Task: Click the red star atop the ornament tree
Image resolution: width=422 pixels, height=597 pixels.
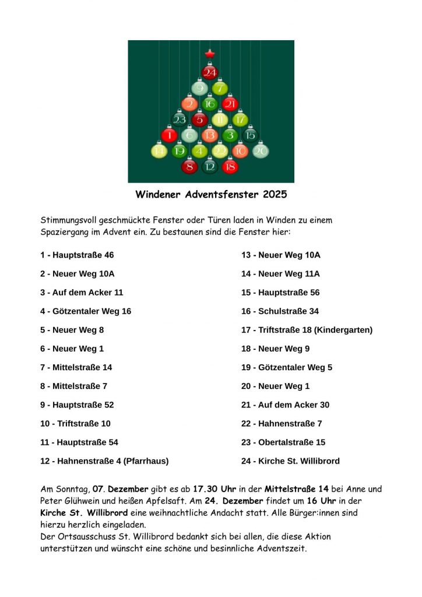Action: pyautogui.click(x=210, y=54)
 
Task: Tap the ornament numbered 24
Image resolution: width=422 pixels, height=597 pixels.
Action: pyautogui.click(x=210, y=73)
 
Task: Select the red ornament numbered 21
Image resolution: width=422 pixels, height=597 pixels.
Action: pyautogui.click(x=230, y=104)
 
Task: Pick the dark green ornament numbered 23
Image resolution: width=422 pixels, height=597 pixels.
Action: pyautogui.click(x=180, y=120)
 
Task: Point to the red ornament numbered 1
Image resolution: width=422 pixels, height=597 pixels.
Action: pyautogui.click(x=169, y=136)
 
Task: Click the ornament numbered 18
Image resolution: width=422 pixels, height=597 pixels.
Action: pyautogui.click(x=230, y=167)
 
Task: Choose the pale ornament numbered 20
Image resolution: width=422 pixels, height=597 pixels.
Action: pyautogui.click(x=261, y=151)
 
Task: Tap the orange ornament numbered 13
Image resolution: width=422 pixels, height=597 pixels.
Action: pyautogui.click(x=210, y=136)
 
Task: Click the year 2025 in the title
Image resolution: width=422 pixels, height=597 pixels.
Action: pyautogui.click(x=275, y=194)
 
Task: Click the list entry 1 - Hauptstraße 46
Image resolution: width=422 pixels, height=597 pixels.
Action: pyautogui.click(x=77, y=255)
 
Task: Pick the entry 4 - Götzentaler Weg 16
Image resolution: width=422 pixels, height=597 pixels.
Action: pyautogui.click(x=86, y=311)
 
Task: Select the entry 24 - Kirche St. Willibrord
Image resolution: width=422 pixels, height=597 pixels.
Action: pyautogui.click(x=290, y=461)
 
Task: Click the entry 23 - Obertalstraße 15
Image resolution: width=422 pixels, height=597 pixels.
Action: pyautogui.click(x=283, y=443)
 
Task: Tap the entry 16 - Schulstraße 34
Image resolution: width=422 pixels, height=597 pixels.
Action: pyautogui.click(x=280, y=311)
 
